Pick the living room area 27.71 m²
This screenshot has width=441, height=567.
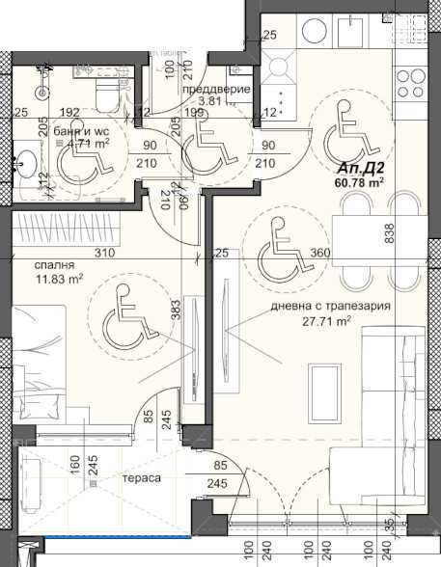(x=327, y=323)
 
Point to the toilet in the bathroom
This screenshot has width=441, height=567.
(x=103, y=92)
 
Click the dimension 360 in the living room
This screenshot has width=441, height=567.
(x=321, y=253)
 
